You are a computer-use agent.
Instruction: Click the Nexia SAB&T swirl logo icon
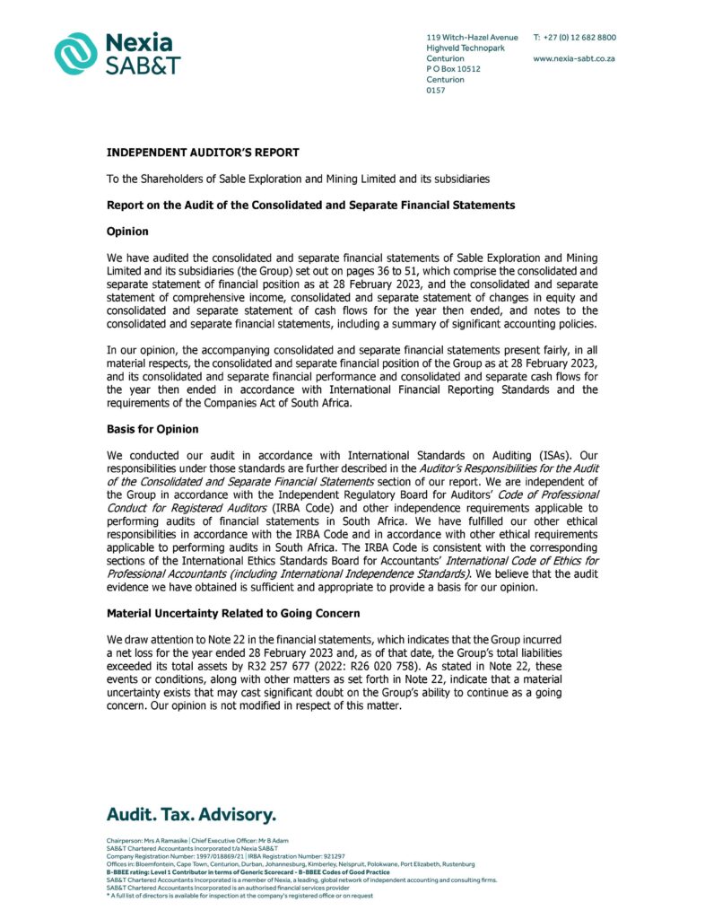[x=75, y=53]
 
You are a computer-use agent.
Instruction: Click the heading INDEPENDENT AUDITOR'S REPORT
[x=203, y=153]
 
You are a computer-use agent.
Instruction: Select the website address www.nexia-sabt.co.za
[x=573, y=58]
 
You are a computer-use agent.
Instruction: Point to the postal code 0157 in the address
[x=436, y=90]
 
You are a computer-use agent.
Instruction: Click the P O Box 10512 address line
[x=453, y=69]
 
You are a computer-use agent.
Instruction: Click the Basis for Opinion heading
[x=152, y=429]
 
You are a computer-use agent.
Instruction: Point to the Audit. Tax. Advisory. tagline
[x=191, y=815]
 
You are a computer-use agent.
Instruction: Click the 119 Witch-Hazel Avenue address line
[x=472, y=37]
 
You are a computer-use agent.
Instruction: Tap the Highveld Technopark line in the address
[x=465, y=48]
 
